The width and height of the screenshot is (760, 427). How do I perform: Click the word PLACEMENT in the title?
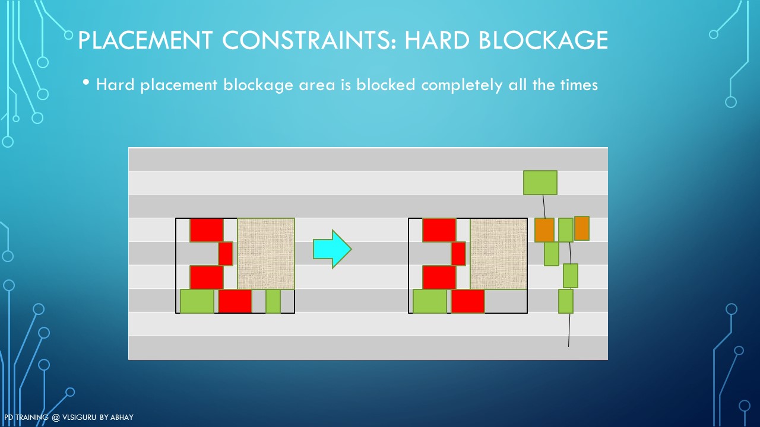[x=145, y=40]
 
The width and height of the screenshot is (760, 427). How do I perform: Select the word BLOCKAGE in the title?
[x=543, y=40]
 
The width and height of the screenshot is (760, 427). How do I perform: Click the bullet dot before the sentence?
[x=86, y=82]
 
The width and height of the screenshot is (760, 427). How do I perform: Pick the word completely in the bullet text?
[x=461, y=85]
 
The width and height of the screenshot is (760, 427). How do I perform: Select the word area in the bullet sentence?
[x=317, y=85]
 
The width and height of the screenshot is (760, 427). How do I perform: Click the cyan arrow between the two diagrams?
[x=332, y=249]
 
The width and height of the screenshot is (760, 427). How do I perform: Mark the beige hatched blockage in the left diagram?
[x=266, y=253]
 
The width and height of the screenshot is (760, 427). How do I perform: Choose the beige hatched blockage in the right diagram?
[x=499, y=253]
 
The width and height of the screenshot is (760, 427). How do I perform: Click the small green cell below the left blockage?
[x=273, y=301]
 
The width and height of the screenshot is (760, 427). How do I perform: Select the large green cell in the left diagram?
[x=197, y=301]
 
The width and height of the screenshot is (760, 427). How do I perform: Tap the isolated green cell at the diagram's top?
[x=540, y=183]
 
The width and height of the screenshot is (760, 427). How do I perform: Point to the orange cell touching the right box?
[x=544, y=230]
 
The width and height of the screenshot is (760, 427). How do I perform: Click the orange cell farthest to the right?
[x=582, y=228]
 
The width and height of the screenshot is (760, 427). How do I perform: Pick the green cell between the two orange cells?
[x=566, y=230]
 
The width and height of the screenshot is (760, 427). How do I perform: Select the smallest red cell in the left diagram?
[x=226, y=253]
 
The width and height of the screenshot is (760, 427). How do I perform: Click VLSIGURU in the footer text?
[x=79, y=417]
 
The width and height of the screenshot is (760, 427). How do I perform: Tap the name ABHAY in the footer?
[x=122, y=417]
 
